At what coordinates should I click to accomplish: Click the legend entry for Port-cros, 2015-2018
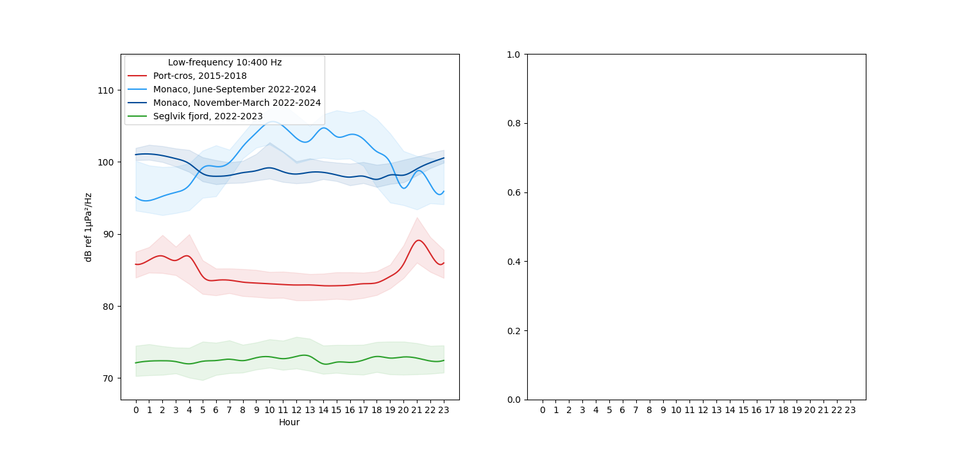coord(199,76)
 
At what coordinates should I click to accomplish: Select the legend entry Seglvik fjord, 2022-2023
coord(208,116)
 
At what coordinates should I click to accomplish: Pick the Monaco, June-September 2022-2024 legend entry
coord(234,89)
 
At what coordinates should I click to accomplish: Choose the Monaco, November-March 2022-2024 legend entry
coord(237,103)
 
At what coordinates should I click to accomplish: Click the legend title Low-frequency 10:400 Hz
coord(224,63)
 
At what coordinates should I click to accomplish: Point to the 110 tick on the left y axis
coord(105,90)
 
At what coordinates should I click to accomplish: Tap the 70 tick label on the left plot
coord(108,378)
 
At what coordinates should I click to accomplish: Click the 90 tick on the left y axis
coord(108,234)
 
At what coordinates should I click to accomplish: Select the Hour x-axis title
coord(289,423)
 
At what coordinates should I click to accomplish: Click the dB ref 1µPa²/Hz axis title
coord(89,227)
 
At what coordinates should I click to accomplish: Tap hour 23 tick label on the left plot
coord(443,410)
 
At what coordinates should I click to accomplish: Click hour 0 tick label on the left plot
coord(136,410)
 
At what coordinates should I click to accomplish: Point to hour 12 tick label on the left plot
coord(296,410)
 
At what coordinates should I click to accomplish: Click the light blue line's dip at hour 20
coord(404,188)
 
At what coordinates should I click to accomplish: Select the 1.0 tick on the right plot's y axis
coord(513,55)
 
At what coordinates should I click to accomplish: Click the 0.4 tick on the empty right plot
coord(513,262)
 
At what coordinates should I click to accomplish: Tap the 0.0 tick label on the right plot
coord(513,400)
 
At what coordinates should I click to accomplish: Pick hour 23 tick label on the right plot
coord(850,410)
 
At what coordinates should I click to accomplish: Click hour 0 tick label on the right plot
coord(543,410)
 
